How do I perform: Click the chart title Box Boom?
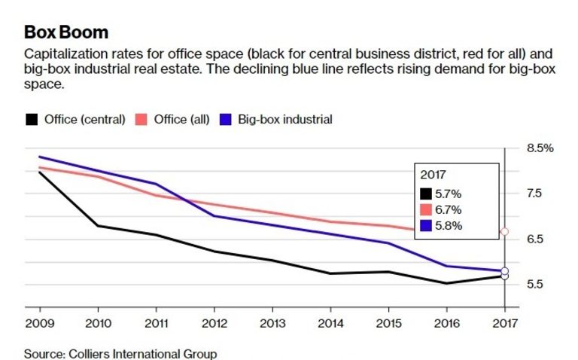(x=66, y=32)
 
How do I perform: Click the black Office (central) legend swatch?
(x=32, y=119)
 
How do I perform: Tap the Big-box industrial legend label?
(x=285, y=119)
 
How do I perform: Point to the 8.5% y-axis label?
(x=540, y=148)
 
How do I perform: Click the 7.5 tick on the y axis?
(x=535, y=194)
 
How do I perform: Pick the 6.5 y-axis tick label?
(x=535, y=239)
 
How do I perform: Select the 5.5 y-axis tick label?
(x=535, y=285)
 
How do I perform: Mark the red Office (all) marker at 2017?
(x=504, y=231)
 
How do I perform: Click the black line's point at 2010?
(x=96, y=226)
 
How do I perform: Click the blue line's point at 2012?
(x=213, y=216)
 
